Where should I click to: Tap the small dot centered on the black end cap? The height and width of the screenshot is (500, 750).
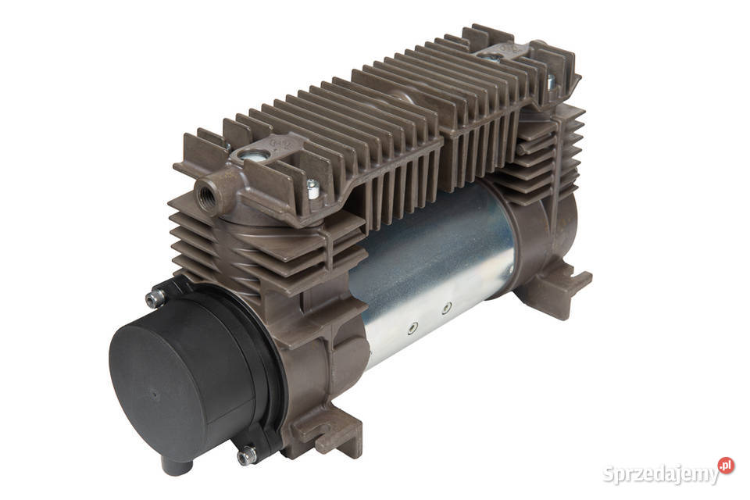pos(155,395)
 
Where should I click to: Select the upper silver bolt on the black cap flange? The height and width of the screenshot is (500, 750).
pos(154,298)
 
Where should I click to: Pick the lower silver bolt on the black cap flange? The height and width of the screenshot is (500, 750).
pos(246,455)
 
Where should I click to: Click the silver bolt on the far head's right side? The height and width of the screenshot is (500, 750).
pos(550,81)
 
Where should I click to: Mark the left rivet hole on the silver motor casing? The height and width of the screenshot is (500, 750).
pos(412,328)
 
